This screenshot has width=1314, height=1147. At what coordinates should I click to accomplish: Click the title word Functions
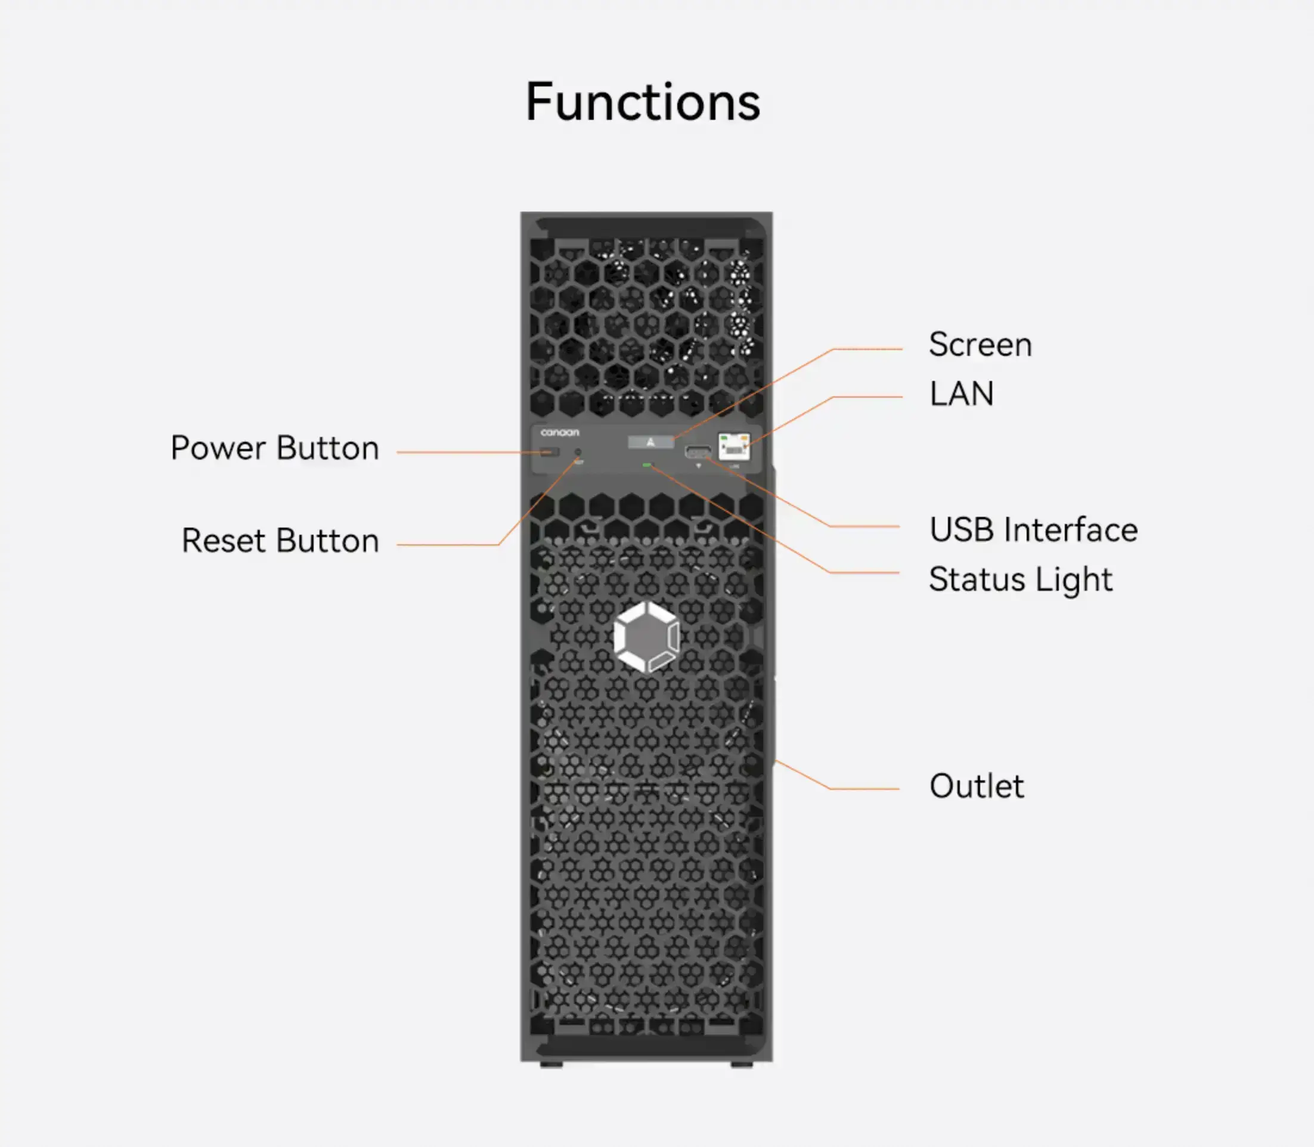pos(643,103)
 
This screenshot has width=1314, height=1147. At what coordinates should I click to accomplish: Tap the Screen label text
pos(980,345)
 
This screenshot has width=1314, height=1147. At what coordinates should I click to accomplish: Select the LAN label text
pos(961,393)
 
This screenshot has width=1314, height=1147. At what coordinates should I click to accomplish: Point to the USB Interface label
pos(1033,530)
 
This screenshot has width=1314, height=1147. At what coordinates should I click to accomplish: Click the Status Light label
pos(1020,580)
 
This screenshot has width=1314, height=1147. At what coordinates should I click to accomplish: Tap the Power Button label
pos(275,448)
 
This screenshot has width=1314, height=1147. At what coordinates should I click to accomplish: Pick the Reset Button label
pos(280,541)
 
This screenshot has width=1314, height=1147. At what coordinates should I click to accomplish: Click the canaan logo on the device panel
pos(559,433)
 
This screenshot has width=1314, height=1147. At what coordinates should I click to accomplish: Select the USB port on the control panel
pos(698,452)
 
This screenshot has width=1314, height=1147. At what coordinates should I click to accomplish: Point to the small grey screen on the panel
pos(650,442)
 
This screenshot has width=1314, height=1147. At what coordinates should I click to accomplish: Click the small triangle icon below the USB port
pos(698,466)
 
